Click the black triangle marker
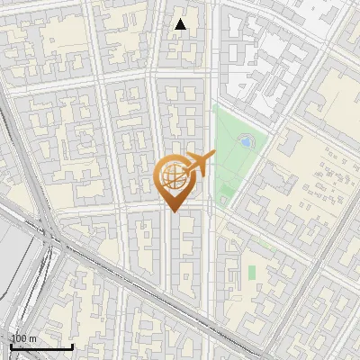pyautogui.click(x=181, y=24)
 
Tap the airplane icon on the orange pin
pyautogui.click(x=200, y=163)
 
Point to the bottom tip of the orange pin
pyautogui.click(x=173, y=211)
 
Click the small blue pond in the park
pyautogui.click(x=246, y=141)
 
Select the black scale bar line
pyautogui.click(x=41, y=347)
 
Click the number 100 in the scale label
pyautogui.click(x=19, y=338)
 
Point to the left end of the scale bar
pyautogui.click(x=11, y=347)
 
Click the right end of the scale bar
pyautogui.click(x=72, y=347)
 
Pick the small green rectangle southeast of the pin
pyautogui.click(x=252, y=270)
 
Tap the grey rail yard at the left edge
pyautogui.click(x=13, y=270)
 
